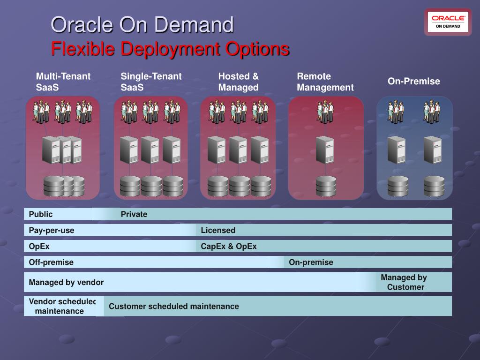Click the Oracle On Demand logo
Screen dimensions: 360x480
pos(448,22)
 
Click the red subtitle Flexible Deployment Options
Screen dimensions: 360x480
pos(170,49)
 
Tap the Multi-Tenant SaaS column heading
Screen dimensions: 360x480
pos(63,82)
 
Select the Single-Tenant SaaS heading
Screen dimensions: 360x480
pos(151,82)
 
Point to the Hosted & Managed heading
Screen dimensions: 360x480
pos(239,82)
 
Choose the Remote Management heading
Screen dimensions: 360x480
pos(325,82)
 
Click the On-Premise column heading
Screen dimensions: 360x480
pos(413,82)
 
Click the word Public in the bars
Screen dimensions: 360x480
pos(41,214)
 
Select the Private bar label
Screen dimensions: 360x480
pos(134,214)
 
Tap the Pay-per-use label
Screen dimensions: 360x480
pos(52,230)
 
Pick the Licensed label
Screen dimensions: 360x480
pos(218,230)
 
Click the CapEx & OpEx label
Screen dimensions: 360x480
pos(229,246)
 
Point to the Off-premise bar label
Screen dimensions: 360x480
pos(51,262)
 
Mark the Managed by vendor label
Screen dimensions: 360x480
pos(66,282)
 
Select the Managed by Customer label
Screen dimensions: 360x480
pos(405,282)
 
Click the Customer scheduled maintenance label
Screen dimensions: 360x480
pos(174,306)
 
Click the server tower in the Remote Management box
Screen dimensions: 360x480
pos(325,150)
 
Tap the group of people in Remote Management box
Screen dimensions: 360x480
pos(325,112)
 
